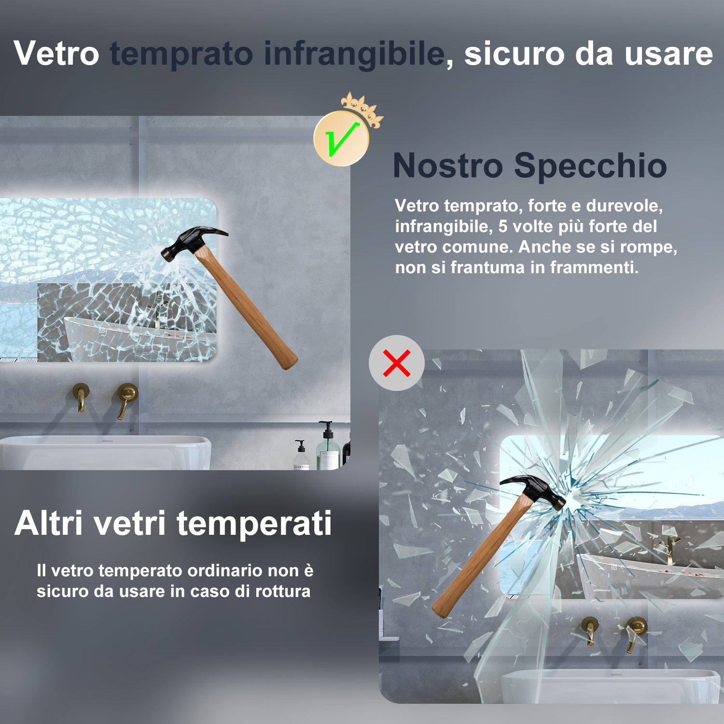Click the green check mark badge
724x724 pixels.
(x=341, y=139)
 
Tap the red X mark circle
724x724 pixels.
(x=397, y=363)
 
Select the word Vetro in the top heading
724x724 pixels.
(x=56, y=53)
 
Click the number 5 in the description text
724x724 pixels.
(x=503, y=226)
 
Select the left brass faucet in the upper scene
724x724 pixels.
(x=81, y=396)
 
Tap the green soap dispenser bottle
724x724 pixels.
(x=329, y=449)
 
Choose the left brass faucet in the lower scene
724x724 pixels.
(x=590, y=630)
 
